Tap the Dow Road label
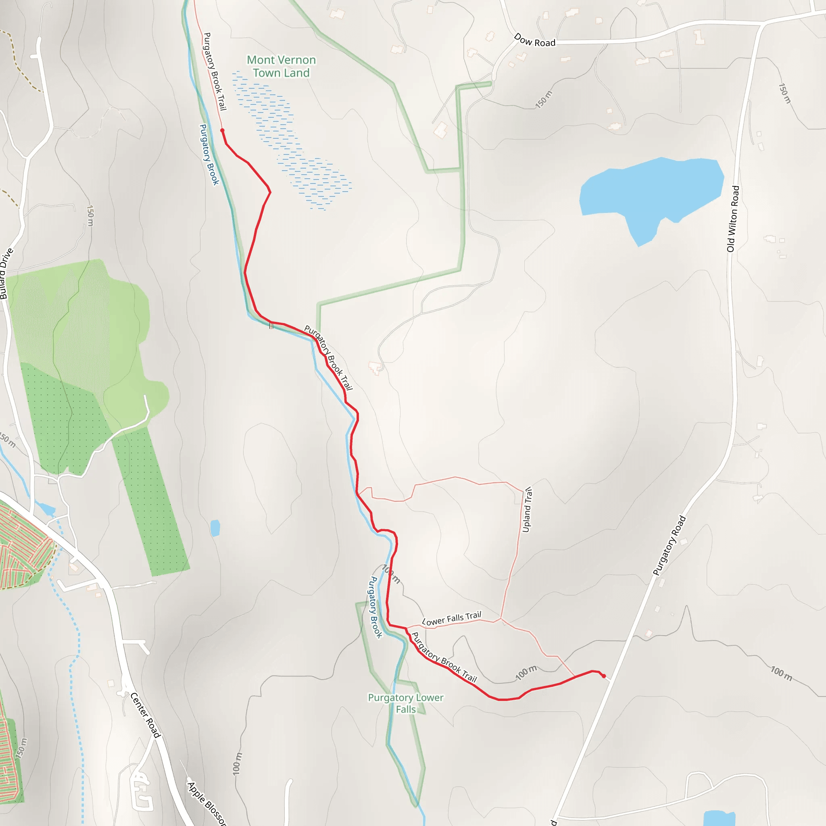click(x=534, y=40)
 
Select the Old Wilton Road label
click(x=733, y=219)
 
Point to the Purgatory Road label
click(x=669, y=546)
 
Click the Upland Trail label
click(x=528, y=510)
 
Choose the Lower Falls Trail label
click(x=451, y=618)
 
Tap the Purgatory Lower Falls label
click(x=405, y=703)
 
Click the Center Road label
click(x=145, y=715)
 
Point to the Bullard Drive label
click(x=6, y=273)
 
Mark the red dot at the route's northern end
click(x=222, y=130)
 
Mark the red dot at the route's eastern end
click(x=604, y=676)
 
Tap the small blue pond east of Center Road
click(x=215, y=528)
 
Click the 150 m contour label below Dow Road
click(x=544, y=100)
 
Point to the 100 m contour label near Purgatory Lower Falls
click(x=526, y=672)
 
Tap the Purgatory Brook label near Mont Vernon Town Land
click(x=209, y=154)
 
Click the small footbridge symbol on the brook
click(x=271, y=326)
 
